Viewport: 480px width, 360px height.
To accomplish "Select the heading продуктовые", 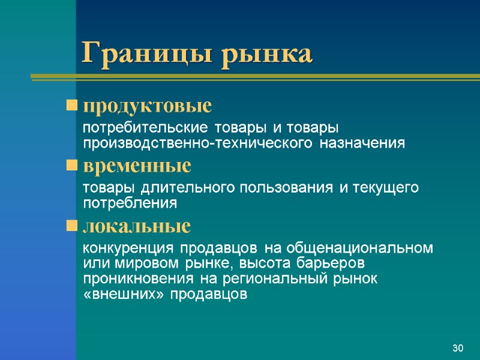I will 147,106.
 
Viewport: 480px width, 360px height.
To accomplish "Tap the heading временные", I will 137,164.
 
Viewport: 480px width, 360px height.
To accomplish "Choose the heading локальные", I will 136,226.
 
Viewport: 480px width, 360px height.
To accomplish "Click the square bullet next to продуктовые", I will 72,107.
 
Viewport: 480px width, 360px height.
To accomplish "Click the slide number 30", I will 458,349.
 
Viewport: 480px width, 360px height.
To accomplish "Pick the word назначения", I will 362,143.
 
